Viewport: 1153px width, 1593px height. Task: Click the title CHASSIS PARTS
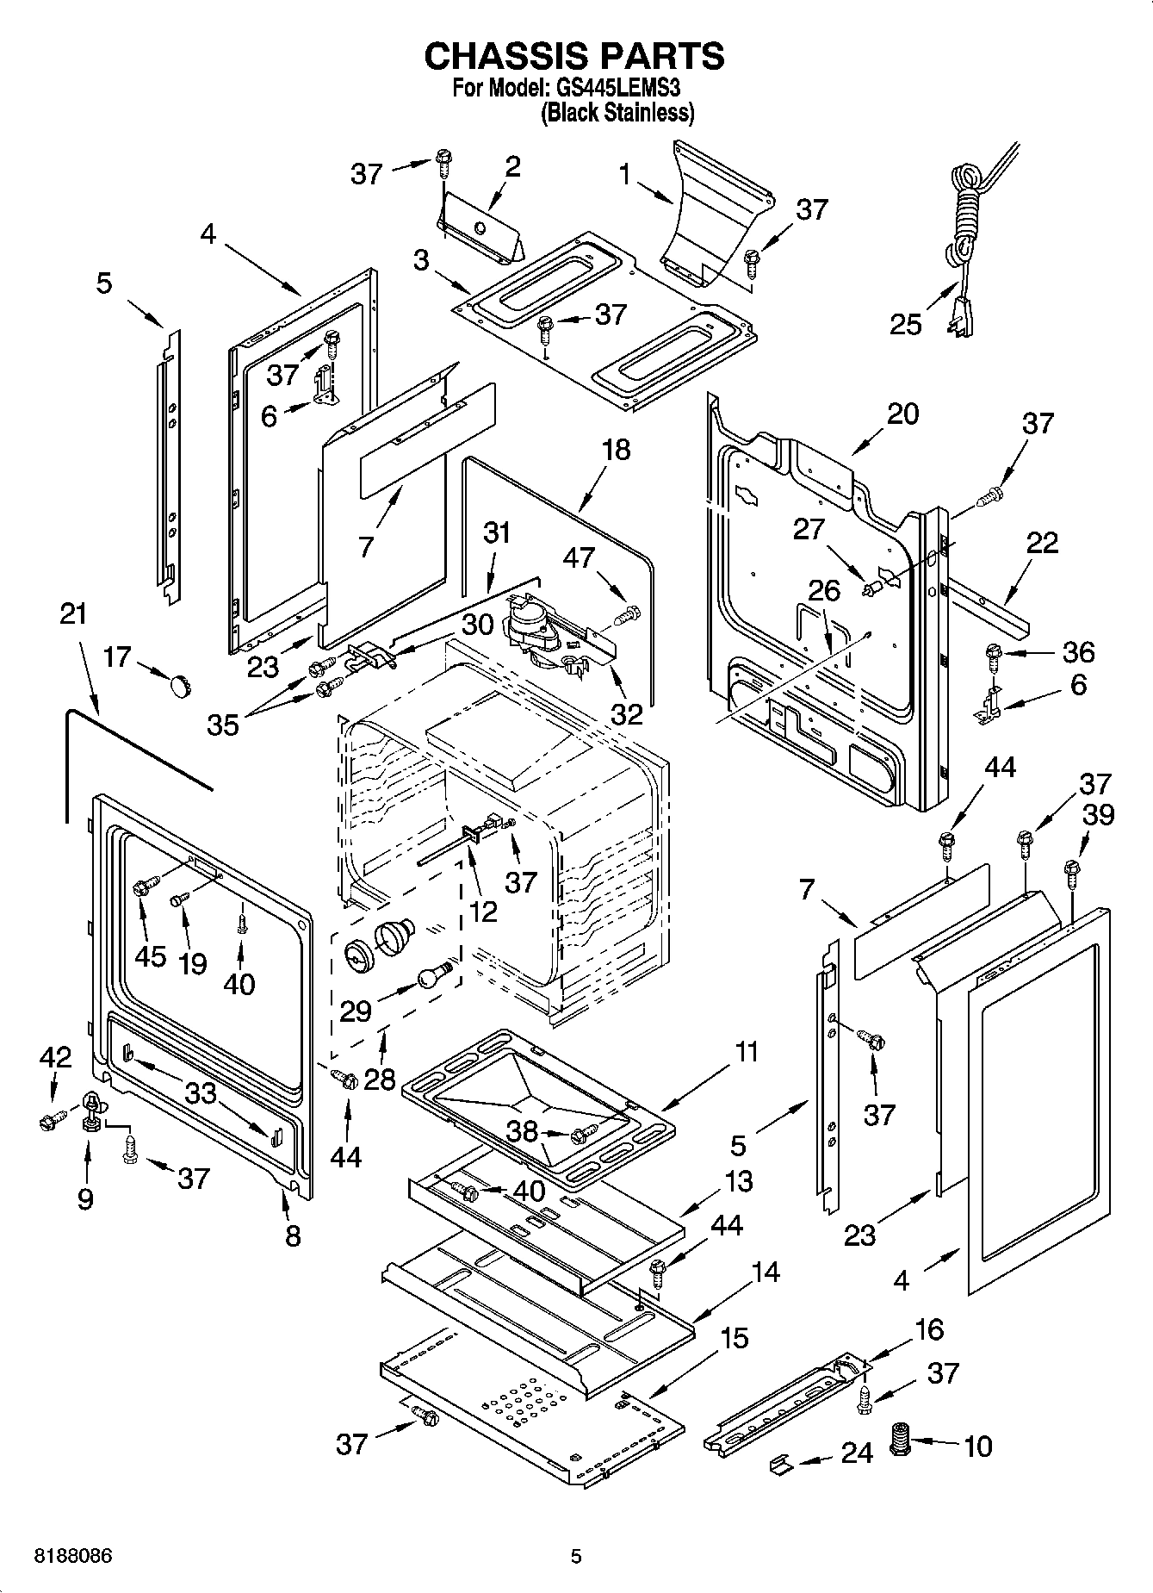574,56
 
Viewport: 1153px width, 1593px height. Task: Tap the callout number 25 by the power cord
905,325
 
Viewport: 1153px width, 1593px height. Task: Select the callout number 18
617,449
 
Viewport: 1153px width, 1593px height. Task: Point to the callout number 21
74,614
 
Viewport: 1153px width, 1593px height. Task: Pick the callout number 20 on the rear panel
902,414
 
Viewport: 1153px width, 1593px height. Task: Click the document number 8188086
73,1556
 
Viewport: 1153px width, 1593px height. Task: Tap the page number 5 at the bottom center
577,1556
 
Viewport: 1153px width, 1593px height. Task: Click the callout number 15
734,1338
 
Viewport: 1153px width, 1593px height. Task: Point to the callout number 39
1099,814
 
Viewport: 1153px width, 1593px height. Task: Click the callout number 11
746,1051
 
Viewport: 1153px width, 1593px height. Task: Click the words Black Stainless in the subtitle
617,113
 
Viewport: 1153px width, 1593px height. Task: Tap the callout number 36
1077,652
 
